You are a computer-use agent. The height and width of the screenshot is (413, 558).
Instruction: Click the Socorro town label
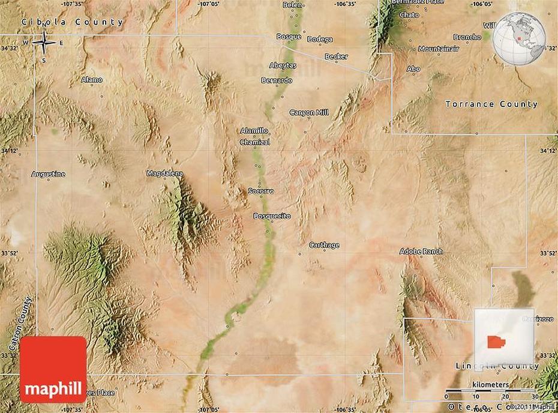[x=261, y=191]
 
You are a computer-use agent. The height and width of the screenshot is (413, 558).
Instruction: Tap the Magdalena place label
[x=164, y=173]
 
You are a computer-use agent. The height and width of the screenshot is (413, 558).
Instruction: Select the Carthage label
[x=324, y=245]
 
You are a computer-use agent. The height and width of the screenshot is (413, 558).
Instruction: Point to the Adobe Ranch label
[x=421, y=251]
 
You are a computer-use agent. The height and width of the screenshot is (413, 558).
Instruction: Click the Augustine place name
[x=48, y=174]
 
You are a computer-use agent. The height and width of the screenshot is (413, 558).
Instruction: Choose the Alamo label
[x=92, y=79]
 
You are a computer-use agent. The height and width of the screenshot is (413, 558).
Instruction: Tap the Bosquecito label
[x=272, y=216]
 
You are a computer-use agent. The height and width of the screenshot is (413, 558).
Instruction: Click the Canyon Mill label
[x=309, y=112]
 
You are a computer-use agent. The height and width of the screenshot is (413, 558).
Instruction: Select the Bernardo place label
[x=277, y=80]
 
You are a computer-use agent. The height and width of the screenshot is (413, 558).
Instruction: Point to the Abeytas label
[x=283, y=65]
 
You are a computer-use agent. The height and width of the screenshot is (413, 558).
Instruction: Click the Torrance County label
[x=491, y=104]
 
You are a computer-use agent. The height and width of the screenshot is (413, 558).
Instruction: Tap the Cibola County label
[x=72, y=22]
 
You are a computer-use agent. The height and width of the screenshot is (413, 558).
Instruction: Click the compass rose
[x=44, y=42]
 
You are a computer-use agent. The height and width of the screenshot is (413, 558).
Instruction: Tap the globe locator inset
[x=519, y=38]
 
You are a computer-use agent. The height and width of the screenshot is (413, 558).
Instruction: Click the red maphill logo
[x=53, y=369]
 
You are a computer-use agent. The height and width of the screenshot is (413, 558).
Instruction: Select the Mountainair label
[x=439, y=49]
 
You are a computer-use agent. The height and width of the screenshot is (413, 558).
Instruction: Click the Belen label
[x=292, y=5]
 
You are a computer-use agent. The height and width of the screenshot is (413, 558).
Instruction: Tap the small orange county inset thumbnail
[x=497, y=341]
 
